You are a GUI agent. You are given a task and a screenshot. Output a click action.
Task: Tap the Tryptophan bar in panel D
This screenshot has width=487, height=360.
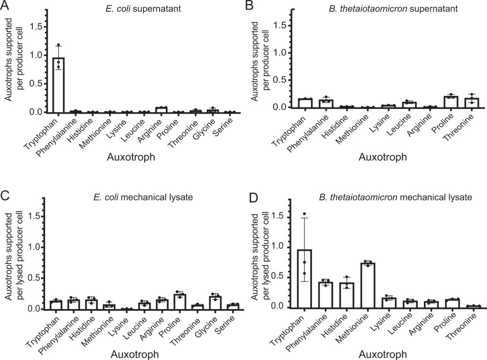click(305, 279)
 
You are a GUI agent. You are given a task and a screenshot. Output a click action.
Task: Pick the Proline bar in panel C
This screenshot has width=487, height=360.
click(180, 301)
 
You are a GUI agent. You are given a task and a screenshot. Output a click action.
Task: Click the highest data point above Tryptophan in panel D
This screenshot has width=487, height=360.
click(305, 214)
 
